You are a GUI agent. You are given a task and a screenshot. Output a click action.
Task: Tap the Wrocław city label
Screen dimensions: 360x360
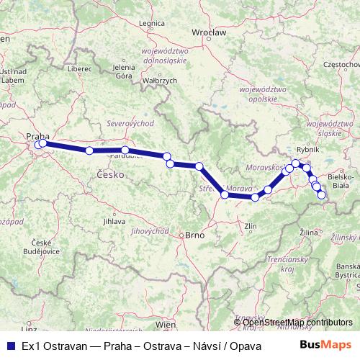coord(210,33)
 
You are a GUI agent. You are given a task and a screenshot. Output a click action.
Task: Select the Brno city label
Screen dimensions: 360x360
coord(195,235)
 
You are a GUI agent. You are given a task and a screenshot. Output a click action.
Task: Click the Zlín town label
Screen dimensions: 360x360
coord(251,226)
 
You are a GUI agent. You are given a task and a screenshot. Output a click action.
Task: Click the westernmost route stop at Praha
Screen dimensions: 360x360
coord(37,145)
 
